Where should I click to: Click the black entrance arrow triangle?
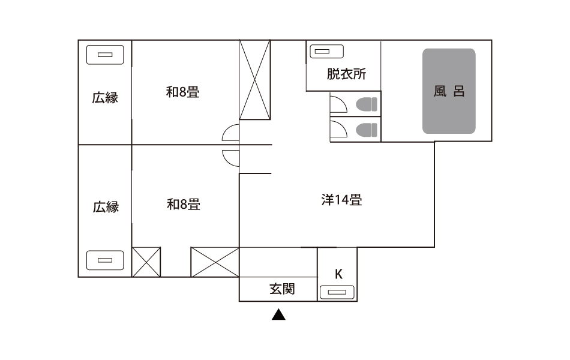278,315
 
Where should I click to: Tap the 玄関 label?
282,289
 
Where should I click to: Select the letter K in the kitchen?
338,274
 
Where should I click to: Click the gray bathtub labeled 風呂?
449,91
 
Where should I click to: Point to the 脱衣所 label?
346,74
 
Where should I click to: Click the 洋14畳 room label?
342,200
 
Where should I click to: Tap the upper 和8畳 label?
182,92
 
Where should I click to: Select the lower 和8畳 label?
184,205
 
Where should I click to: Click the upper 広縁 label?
105,98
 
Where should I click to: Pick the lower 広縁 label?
106,207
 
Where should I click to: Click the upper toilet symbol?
367,105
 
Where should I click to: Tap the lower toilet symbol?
367,130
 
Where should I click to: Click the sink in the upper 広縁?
105,55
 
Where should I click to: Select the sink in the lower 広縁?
105,260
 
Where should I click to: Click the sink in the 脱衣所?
326,51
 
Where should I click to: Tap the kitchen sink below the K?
337,292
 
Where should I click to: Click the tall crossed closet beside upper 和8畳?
255,80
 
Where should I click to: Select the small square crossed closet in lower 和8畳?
146,262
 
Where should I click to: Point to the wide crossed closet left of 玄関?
215,262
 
